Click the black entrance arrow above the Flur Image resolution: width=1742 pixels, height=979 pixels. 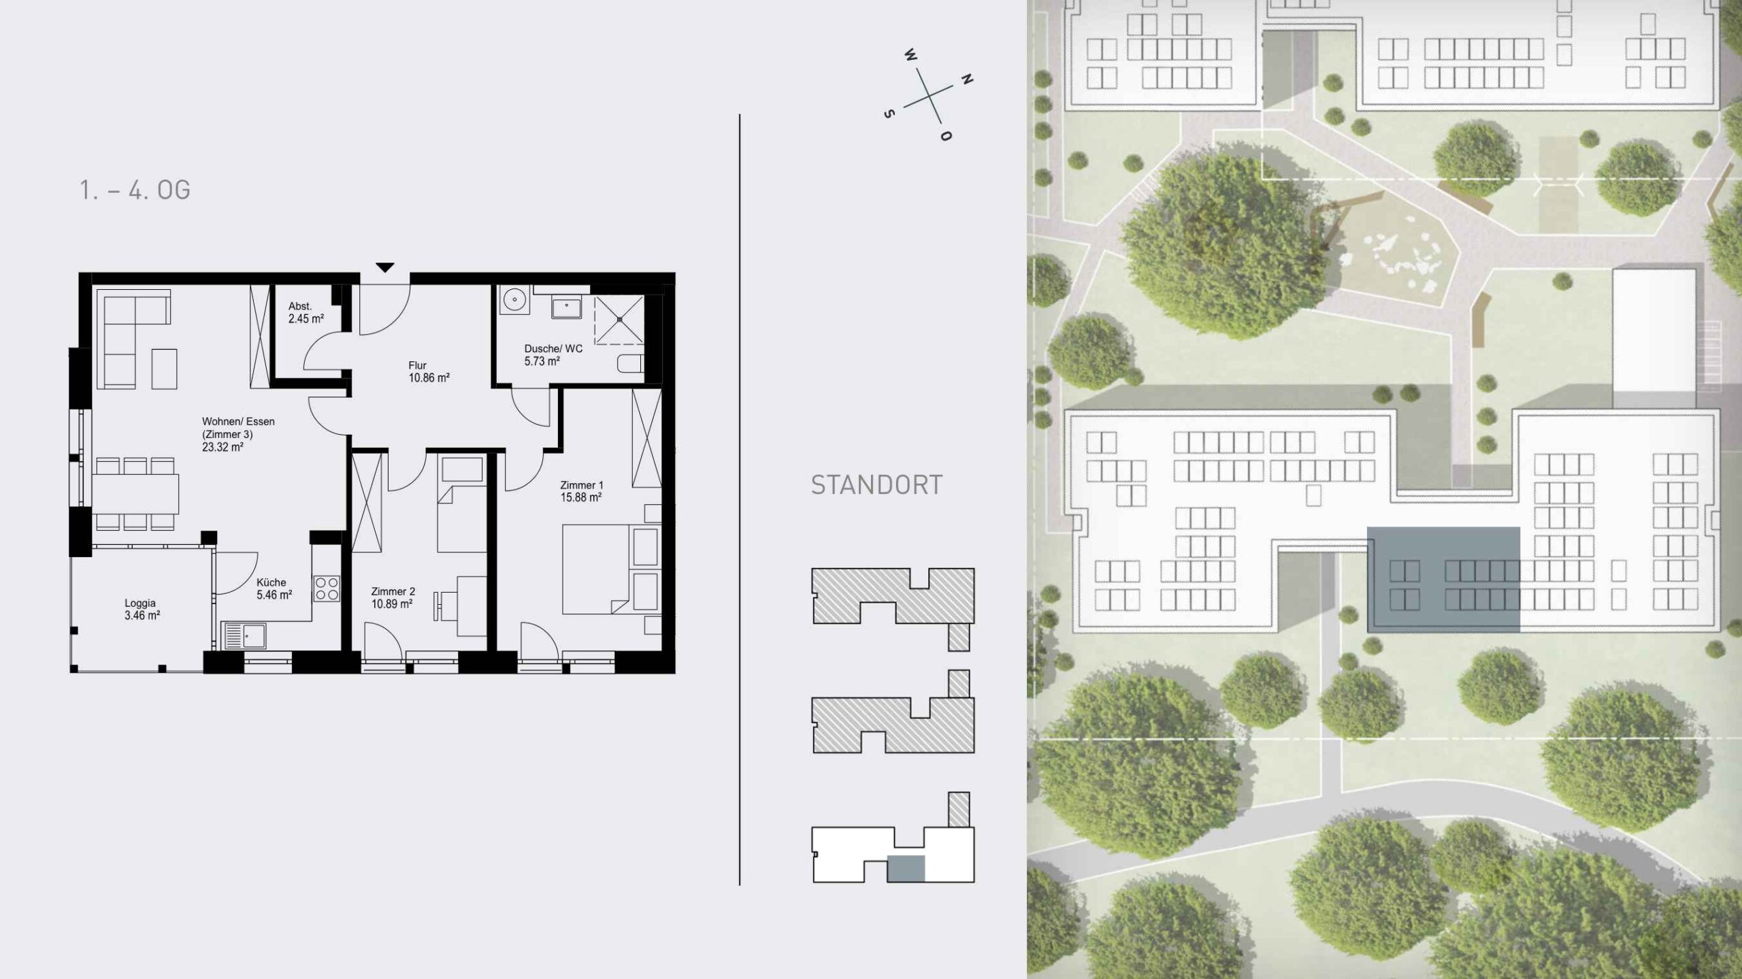385,268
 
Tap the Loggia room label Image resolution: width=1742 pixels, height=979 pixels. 140,603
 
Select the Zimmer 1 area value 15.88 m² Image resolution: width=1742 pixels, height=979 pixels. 581,498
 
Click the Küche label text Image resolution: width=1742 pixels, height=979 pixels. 272,582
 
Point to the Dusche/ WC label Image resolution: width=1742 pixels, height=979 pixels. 553,349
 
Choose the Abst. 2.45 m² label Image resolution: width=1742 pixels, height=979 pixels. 306,312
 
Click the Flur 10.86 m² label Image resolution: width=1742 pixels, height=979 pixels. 429,371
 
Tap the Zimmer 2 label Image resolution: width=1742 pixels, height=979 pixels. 393,592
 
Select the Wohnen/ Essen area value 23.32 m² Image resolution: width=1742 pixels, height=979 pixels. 223,448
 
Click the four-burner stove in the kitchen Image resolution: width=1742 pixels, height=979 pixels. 327,589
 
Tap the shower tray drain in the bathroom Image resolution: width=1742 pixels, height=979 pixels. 619,319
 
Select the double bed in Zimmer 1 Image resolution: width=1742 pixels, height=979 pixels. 595,569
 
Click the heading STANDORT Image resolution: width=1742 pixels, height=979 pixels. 876,485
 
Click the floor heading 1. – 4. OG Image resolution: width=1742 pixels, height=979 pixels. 135,190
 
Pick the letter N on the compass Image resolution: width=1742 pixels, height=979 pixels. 966,80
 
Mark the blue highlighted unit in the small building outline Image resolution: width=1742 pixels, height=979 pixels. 906,869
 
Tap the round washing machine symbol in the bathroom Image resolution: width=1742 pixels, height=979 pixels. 514,300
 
